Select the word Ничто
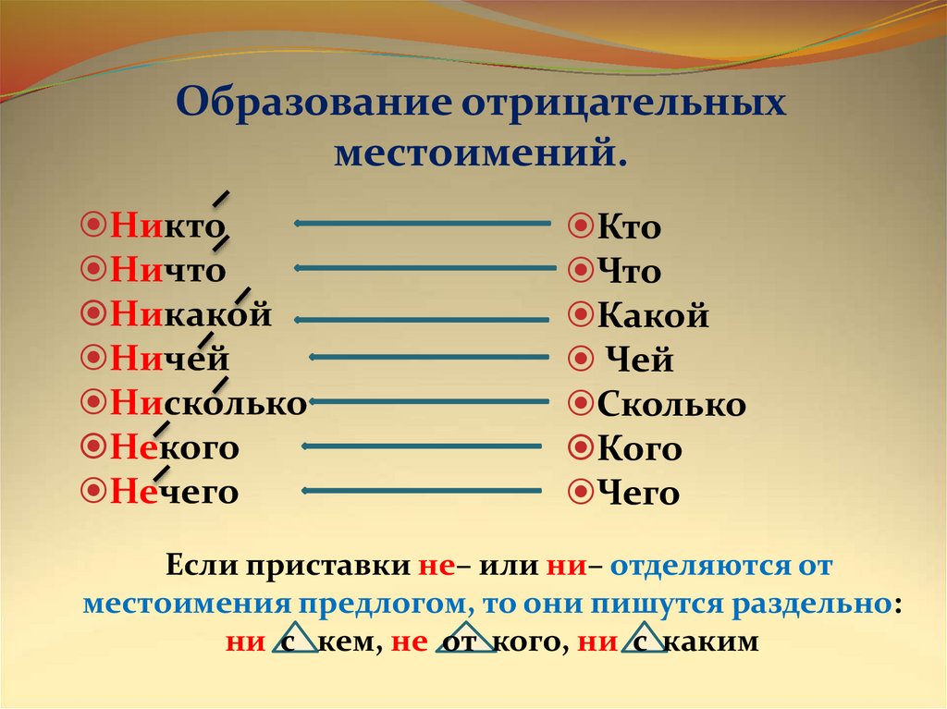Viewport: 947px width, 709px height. [x=168, y=270]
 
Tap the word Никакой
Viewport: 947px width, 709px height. [x=191, y=314]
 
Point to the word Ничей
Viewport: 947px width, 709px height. [x=170, y=358]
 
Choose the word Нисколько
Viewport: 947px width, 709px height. [x=209, y=402]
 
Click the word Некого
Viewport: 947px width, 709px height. [x=175, y=447]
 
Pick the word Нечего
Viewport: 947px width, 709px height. [x=175, y=492]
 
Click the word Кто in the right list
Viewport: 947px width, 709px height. [x=629, y=226]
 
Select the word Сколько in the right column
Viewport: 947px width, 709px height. [x=671, y=403]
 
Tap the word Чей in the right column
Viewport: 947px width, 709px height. [x=639, y=360]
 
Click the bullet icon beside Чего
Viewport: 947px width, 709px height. [x=581, y=492]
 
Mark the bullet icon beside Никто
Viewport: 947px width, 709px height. [x=93, y=226]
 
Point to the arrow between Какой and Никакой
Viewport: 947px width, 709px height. [x=422, y=320]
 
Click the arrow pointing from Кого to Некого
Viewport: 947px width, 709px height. [x=422, y=446]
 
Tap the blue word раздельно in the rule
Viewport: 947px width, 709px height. [x=811, y=605]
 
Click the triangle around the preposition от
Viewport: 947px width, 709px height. [x=466, y=638]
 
